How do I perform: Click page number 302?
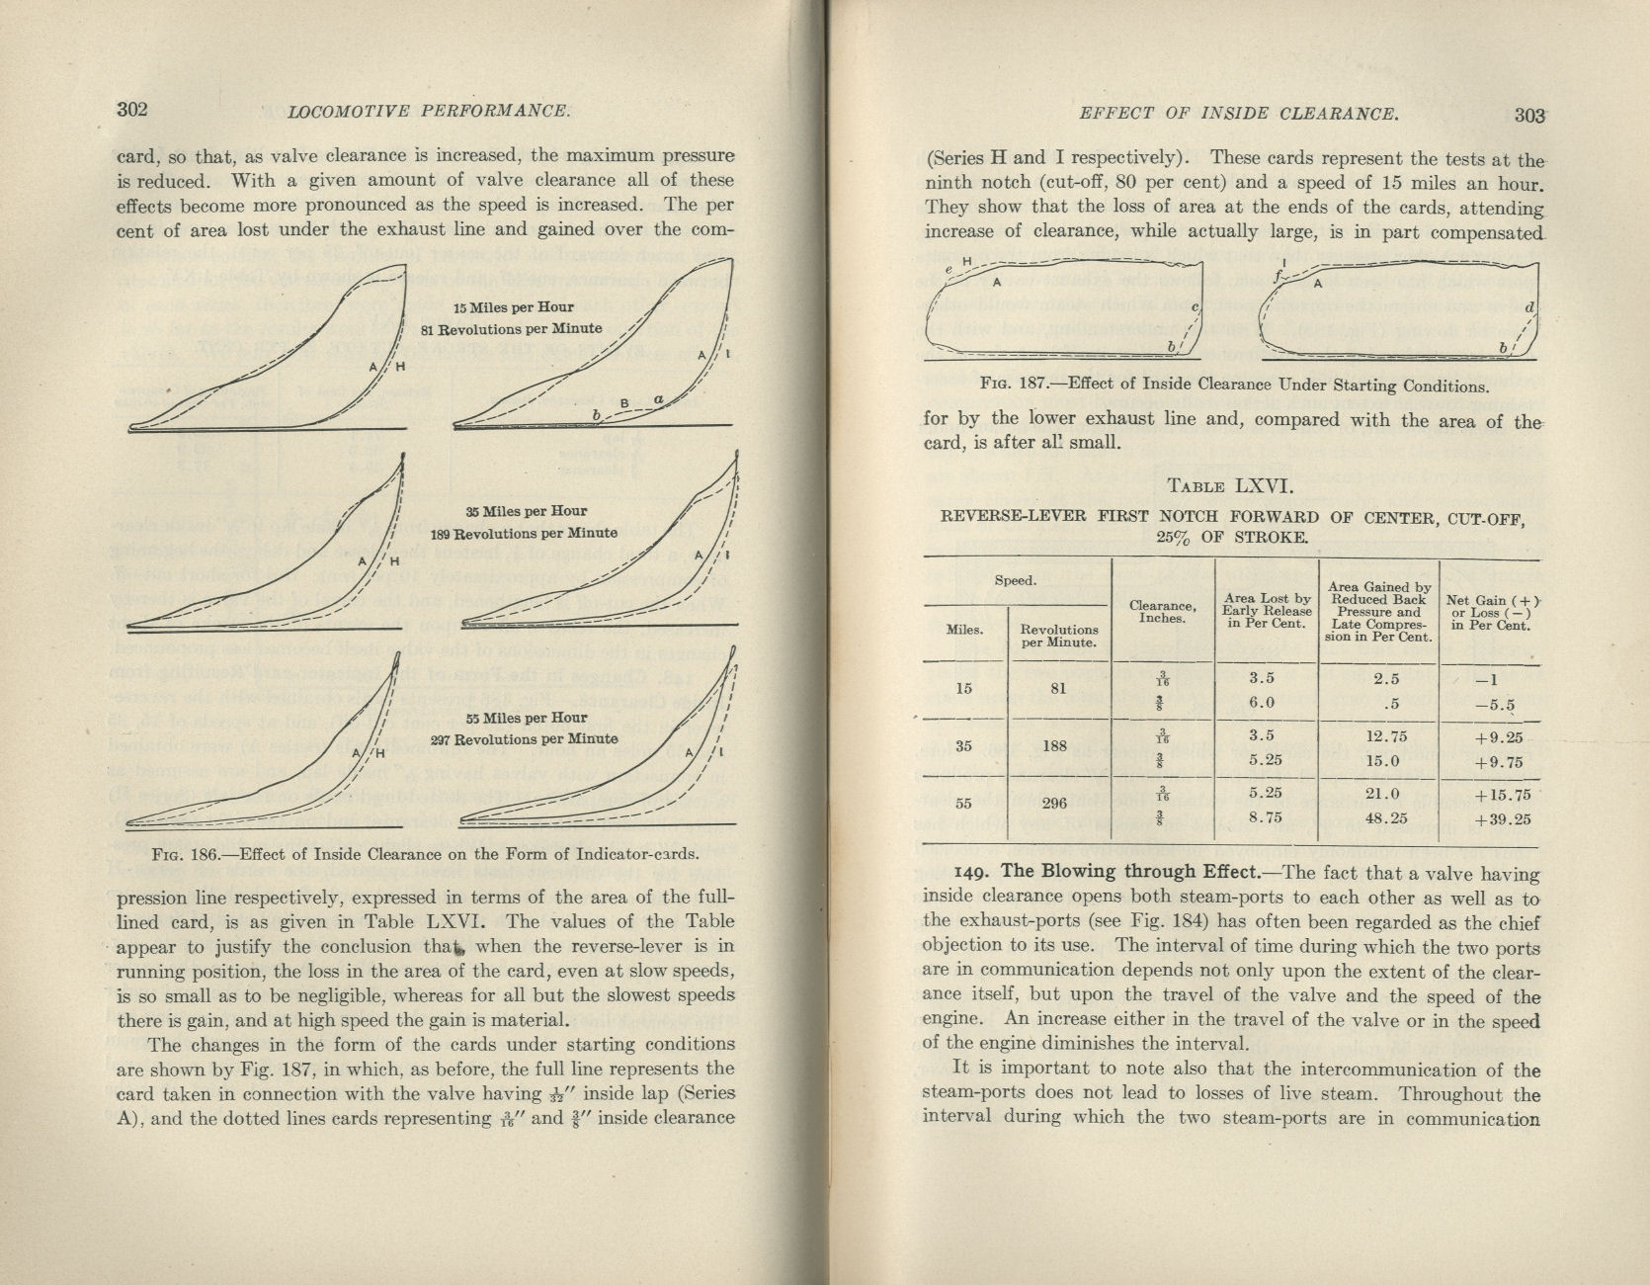click(x=132, y=109)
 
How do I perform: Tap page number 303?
click(x=1528, y=115)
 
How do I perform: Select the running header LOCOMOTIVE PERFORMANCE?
click(x=428, y=111)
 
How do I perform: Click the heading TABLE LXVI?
click(x=1228, y=486)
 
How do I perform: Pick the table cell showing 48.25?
click(x=1378, y=818)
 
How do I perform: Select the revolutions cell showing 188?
click(x=1054, y=746)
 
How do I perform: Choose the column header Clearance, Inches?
click(x=1162, y=612)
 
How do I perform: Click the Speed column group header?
click(x=1015, y=580)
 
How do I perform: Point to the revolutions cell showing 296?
click(x=1054, y=803)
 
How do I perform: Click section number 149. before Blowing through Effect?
click(x=974, y=873)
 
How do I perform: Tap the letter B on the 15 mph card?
click(x=624, y=403)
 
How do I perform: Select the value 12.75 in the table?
click(x=1378, y=736)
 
